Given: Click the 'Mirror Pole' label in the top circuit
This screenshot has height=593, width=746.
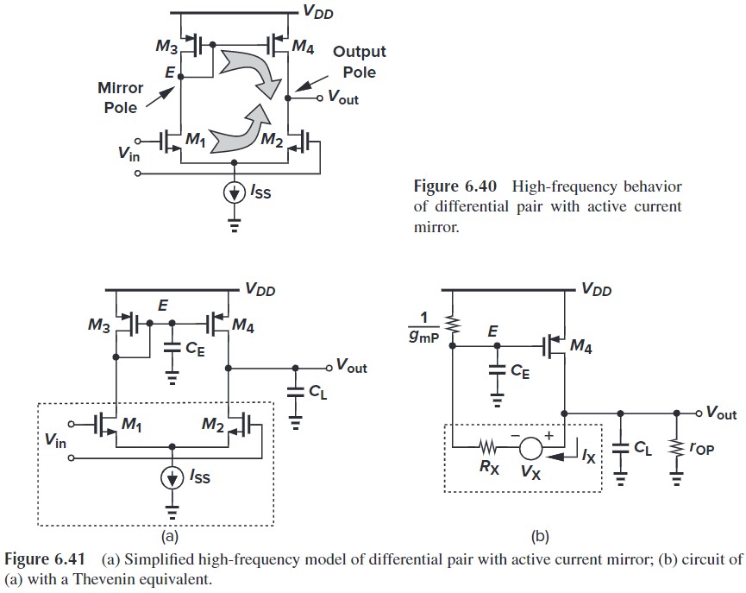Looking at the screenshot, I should (x=121, y=98).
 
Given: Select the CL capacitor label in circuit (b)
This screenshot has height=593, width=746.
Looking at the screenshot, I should (x=642, y=449).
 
